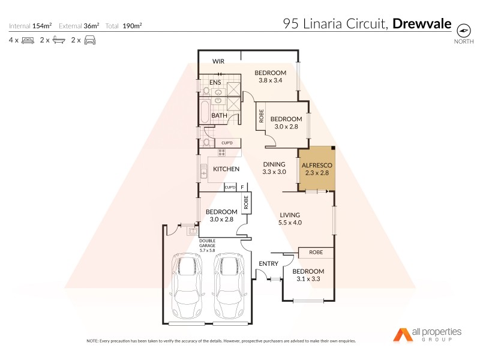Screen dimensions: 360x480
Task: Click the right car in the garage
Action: [229, 287]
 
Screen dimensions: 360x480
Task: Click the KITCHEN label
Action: [227, 169]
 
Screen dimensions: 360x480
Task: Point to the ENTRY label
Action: [268, 264]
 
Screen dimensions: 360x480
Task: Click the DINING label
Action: [274, 164]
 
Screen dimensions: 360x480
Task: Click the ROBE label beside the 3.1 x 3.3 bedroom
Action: [316, 253]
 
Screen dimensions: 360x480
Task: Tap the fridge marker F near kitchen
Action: [242, 187]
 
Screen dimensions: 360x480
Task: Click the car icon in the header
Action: [89, 40]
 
